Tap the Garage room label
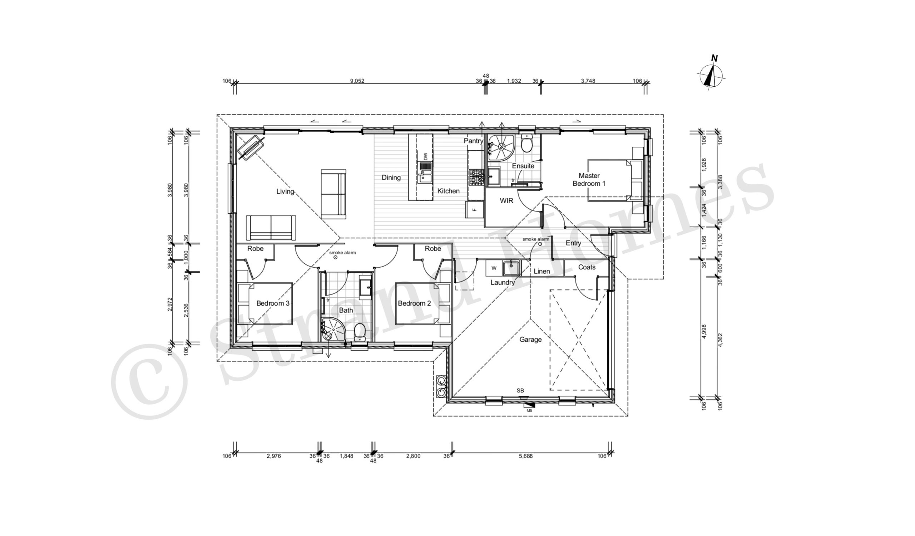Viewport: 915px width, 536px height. (x=530, y=340)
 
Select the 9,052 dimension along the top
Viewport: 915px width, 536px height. (x=357, y=81)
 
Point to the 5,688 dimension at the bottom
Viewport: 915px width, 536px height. (x=526, y=456)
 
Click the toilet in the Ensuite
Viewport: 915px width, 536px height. (x=526, y=144)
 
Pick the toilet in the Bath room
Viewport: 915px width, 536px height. (x=360, y=332)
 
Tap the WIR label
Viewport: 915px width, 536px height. (x=506, y=200)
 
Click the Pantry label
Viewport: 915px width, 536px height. (x=474, y=141)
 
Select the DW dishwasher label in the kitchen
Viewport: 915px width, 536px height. (x=426, y=156)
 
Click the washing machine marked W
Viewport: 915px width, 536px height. (x=494, y=268)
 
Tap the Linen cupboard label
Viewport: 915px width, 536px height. (x=542, y=271)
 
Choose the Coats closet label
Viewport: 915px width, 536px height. (x=587, y=267)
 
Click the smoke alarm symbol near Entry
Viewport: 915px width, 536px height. (x=540, y=244)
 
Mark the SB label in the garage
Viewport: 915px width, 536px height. (x=520, y=390)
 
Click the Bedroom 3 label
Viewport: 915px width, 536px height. (x=273, y=303)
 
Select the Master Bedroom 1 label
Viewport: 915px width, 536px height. (x=589, y=180)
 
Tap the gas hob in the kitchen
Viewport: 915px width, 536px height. (x=477, y=177)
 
